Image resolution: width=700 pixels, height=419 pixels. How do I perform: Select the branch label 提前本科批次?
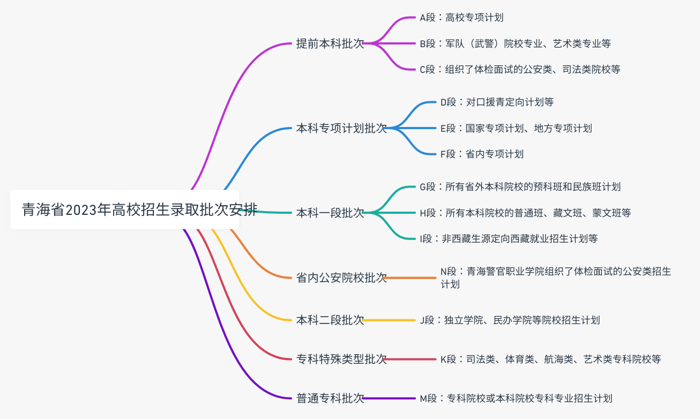click(330, 43)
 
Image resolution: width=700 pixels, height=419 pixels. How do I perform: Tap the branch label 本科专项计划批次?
click(341, 128)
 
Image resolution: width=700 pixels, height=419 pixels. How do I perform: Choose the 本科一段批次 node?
click(330, 213)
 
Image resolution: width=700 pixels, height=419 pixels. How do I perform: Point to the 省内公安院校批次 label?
click(341, 278)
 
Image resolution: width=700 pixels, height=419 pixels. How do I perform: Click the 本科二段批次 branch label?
click(330, 320)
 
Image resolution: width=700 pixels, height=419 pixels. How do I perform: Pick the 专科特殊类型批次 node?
click(341, 359)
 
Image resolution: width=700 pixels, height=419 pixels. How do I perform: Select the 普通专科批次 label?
click(330, 398)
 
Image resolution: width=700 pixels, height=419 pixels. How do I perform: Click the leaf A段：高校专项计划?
click(461, 18)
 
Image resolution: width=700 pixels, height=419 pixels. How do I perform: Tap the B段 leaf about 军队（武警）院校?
click(515, 43)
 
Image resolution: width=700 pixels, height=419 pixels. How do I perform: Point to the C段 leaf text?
click(520, 69)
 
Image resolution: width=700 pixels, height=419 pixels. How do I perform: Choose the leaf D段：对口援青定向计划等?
click(496, 102)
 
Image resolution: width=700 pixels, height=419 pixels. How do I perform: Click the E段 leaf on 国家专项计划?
click(516, 128)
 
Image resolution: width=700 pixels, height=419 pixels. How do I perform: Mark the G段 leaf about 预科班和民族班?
click(520, 186)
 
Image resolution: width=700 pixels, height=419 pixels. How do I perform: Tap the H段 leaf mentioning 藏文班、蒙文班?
click(525, 213)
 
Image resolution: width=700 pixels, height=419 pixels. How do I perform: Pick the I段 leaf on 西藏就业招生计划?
click(509, 238)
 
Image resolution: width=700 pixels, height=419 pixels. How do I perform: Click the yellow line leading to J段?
click(390, 320)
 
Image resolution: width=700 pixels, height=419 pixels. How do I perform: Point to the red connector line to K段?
click(411, 359)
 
